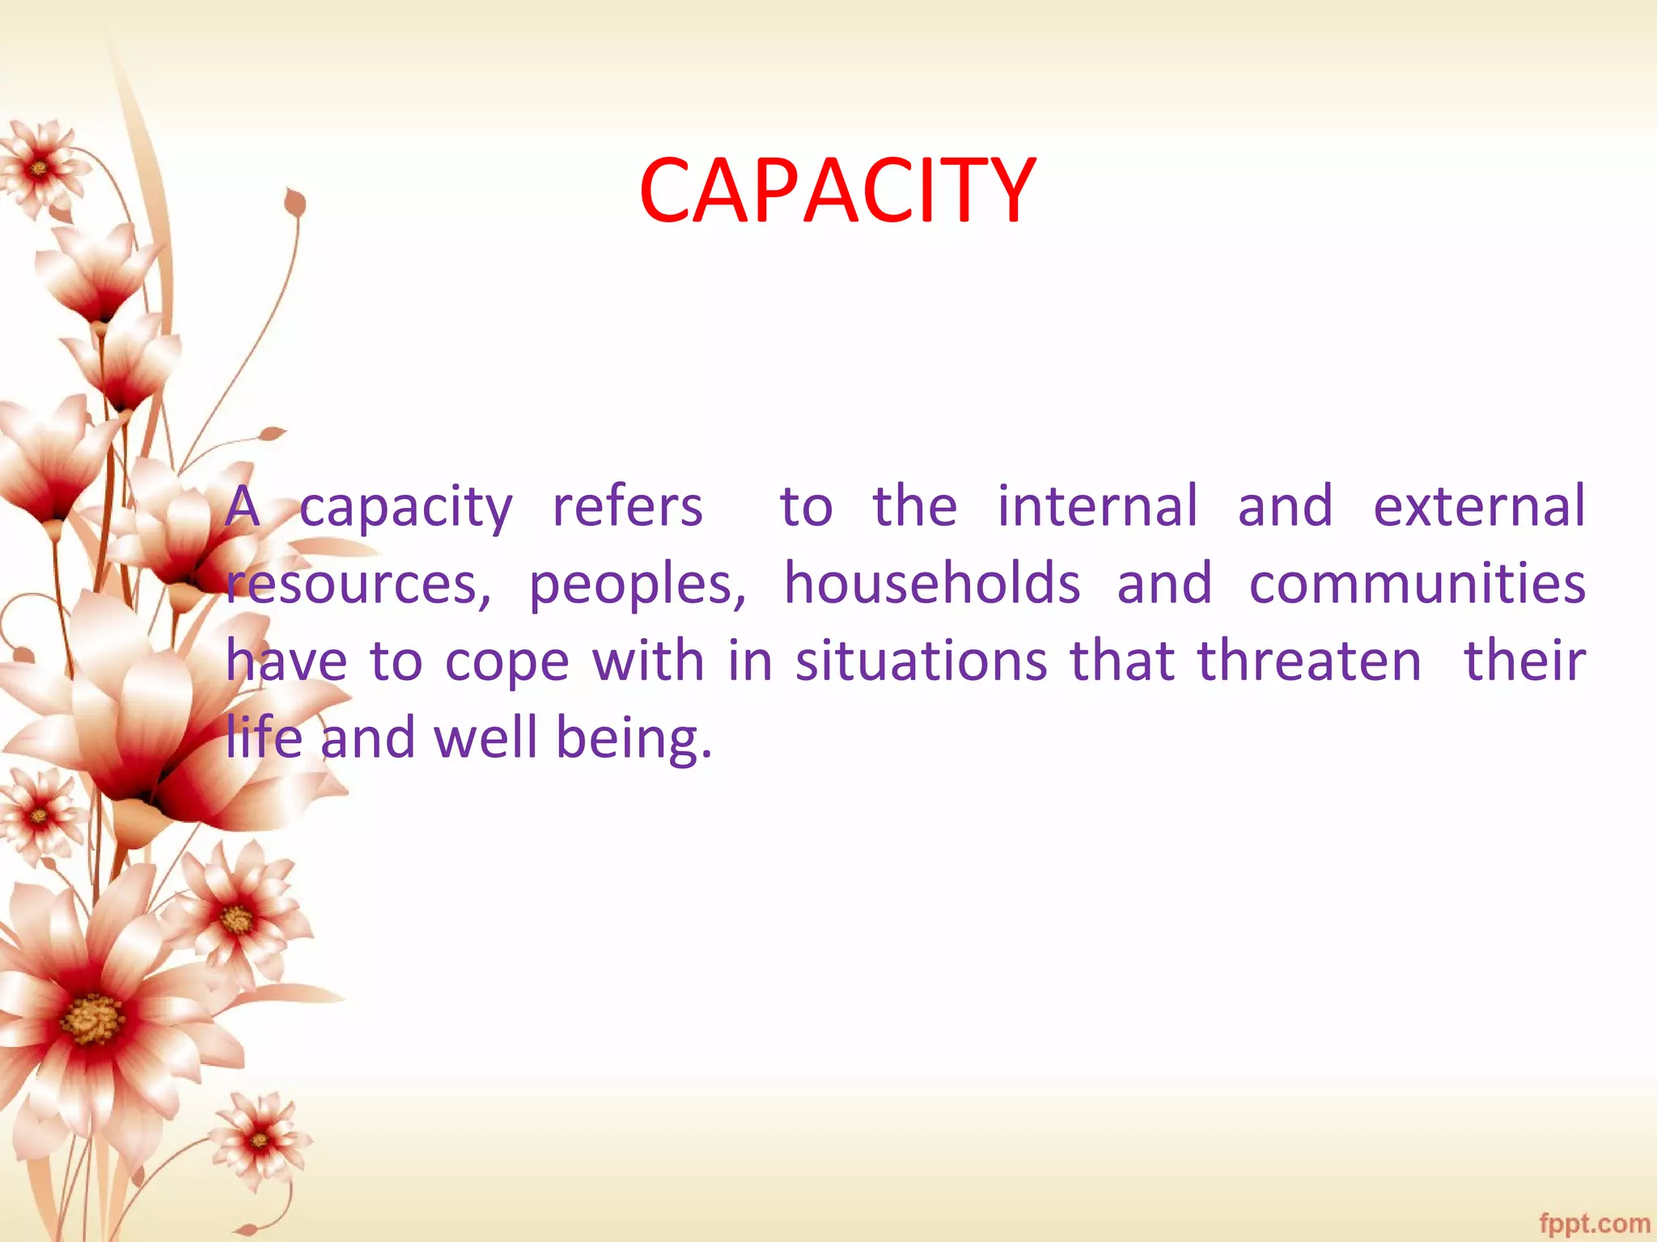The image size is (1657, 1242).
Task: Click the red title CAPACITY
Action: pyautogui.click(x=837, y=191)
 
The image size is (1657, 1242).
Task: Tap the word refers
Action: pyautogui.click(x=627, y=506)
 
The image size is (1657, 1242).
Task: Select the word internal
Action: pyautogui.click(x=1096, y=506)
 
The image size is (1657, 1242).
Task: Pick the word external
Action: pyautogui.click(x=1479, y=506)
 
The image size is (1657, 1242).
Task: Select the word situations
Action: pyautogui.click(x=921, y=660)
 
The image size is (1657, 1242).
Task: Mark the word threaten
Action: pyautogui.click(x=1309, y=660)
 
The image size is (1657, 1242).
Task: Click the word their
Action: pyautogui.click(x=1524, y=660)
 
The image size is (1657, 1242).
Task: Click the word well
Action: pyautogui.click(x=485, y=737)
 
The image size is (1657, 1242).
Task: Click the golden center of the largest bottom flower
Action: pyautogui.click(x=94, y=1019)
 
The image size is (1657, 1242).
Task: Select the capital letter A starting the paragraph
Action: pyautogui.click(x=243, y=508)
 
